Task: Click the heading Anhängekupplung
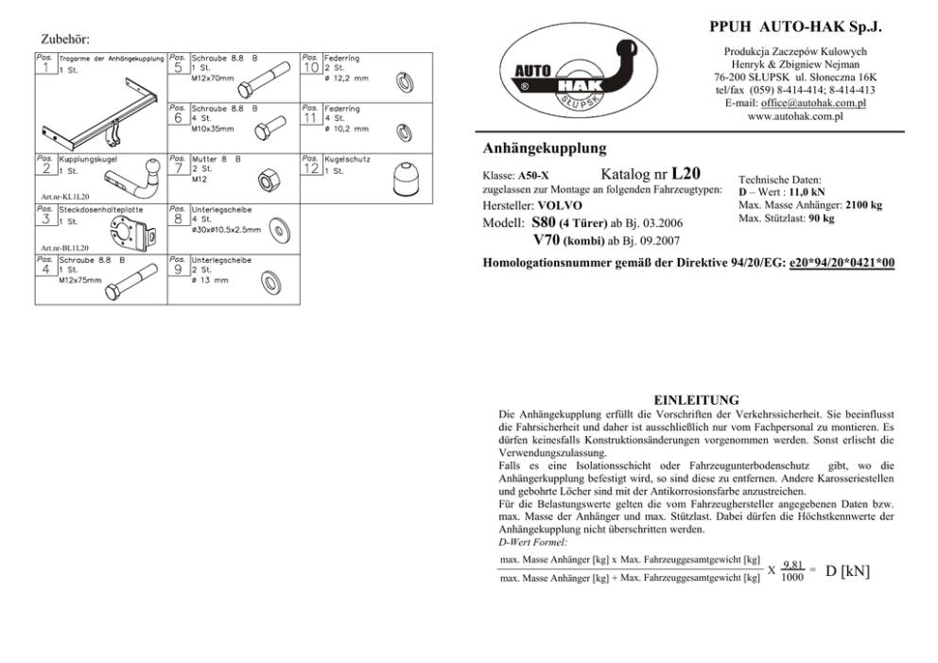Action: pos(544,148)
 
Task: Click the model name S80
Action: pos(545,221)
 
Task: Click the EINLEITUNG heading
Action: pos(696,400)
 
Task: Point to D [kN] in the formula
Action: pos(848,570)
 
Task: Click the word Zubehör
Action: pos(66,40)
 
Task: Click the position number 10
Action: pos(311,66)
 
